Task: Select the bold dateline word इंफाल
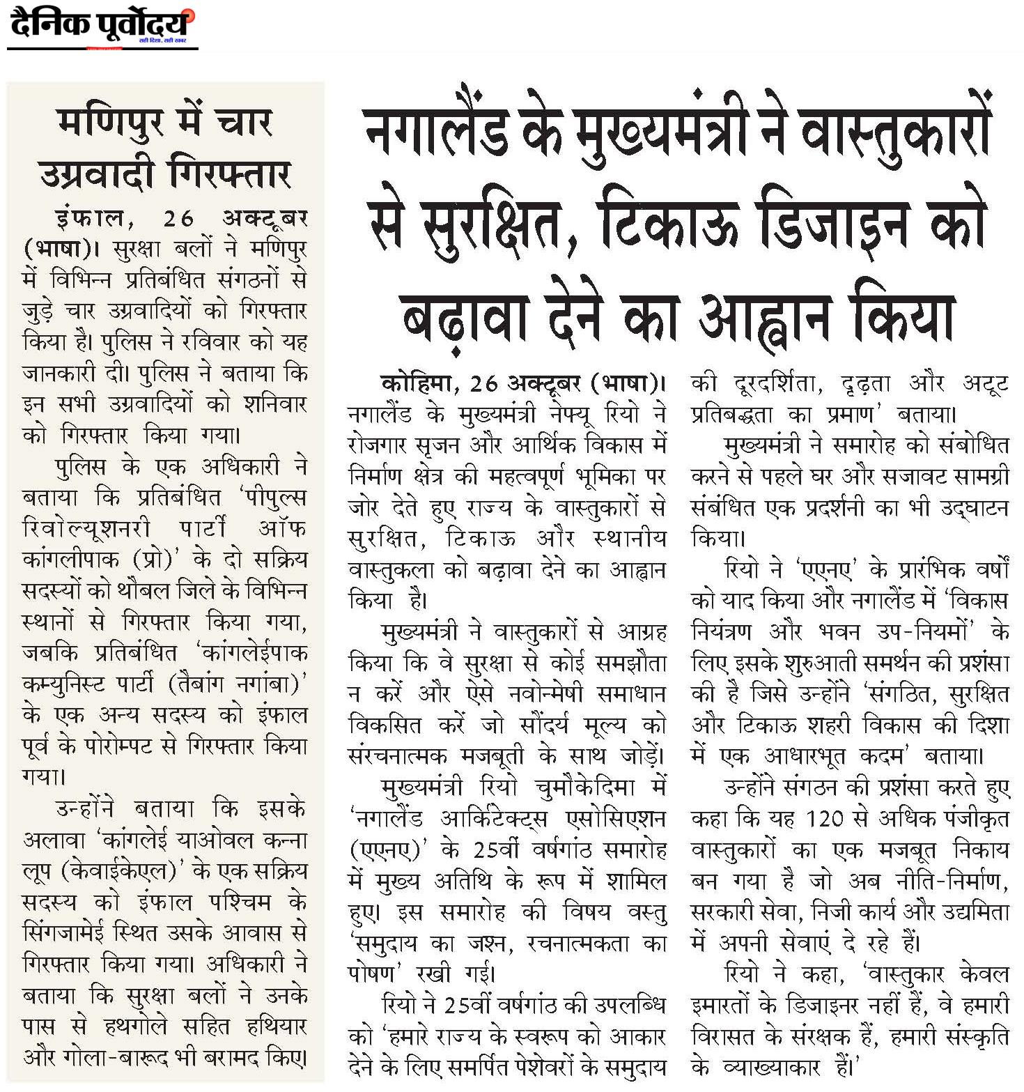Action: pyautogui.click(x=91, y=218)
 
